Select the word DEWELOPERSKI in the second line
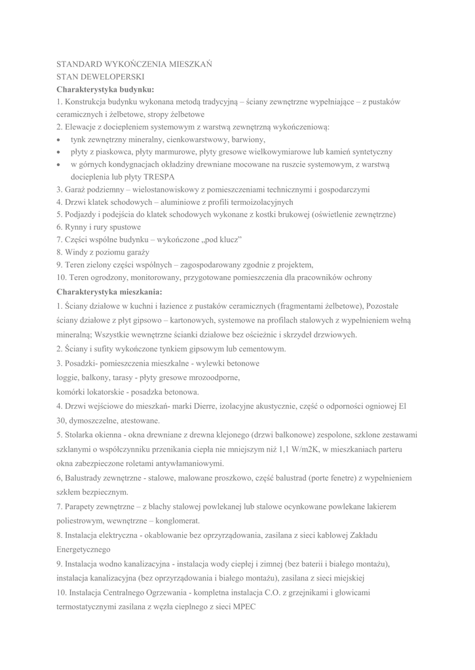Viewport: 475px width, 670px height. coord(108,77)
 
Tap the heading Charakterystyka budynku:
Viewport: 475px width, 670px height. coord(105,89)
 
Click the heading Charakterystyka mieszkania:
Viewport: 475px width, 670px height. coord(109,290)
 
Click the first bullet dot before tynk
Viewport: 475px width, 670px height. coord(60,139)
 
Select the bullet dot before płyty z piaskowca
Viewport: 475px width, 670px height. coord(60,152)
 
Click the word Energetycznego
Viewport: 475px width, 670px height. coord(83,549)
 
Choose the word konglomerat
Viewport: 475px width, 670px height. coord(177,521)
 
